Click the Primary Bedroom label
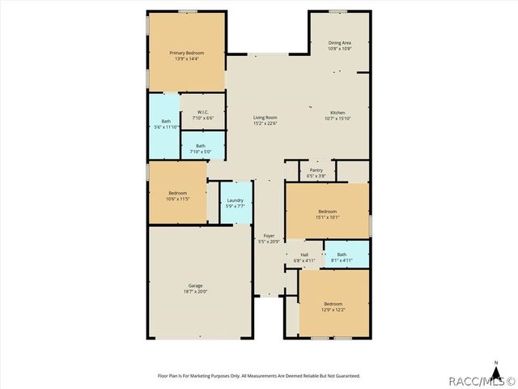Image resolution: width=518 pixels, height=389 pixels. pos(185,53)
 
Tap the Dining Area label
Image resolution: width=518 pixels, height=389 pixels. pos(339,42)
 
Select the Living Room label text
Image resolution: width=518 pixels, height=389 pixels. pos(265,118)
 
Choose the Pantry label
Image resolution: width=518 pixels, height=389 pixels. pos(316,170)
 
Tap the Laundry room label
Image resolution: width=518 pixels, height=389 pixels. pos(236,200)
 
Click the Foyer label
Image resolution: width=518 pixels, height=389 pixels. pos(269,236)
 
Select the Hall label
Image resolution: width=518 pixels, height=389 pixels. pos(304,255)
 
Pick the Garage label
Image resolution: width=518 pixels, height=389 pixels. pos(195,285)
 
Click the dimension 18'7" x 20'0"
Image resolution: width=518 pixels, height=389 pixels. pos(195,292)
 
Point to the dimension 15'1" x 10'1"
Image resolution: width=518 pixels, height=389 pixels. pos(328,216)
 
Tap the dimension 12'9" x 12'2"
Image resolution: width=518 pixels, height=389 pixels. pos(333,309)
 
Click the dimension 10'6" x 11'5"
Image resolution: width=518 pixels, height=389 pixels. pos(177,199)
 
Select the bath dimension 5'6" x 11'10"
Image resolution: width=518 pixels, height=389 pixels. pos(165,127)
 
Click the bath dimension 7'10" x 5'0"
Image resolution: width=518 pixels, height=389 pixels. pos(200,152)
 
